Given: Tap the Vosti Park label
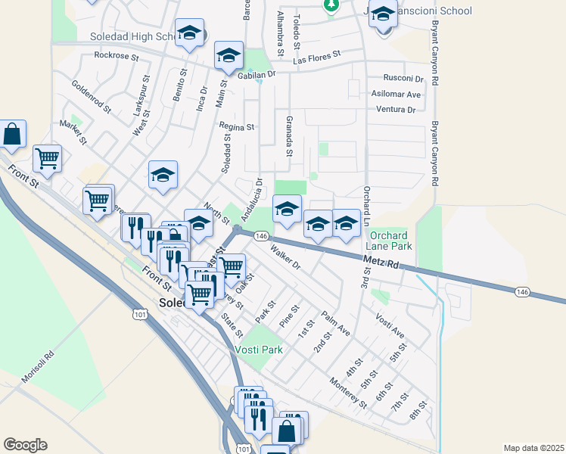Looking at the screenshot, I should tap(258, 350).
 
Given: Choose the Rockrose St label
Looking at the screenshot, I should tap(117, 55).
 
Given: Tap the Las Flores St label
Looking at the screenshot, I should tap(317, 57).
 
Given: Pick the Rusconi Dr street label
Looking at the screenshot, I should tap(403, 78).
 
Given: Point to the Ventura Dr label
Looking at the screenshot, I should tap(396, 110).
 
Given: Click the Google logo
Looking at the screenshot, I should tap(25, 445).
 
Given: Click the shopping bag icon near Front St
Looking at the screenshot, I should tap(12, 135).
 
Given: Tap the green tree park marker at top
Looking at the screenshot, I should tap(331, 5).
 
